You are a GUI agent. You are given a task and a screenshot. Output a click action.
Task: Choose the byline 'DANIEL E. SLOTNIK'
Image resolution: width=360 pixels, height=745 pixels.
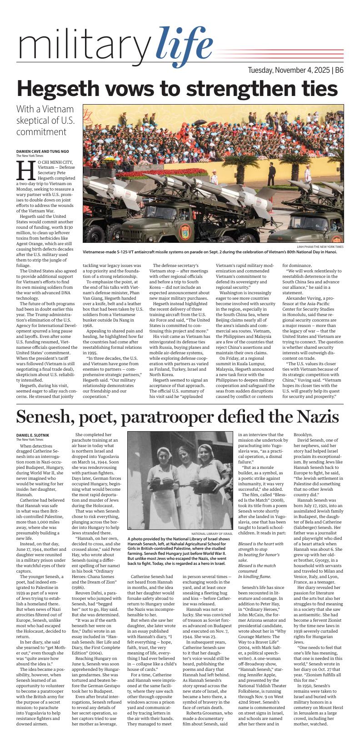click(x=36, y=435)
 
